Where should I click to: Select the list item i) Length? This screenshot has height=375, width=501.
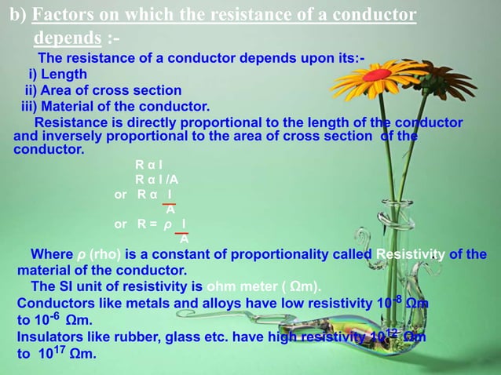click(x=58, y=75)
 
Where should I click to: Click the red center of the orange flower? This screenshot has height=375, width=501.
click(x=378, y=75)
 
